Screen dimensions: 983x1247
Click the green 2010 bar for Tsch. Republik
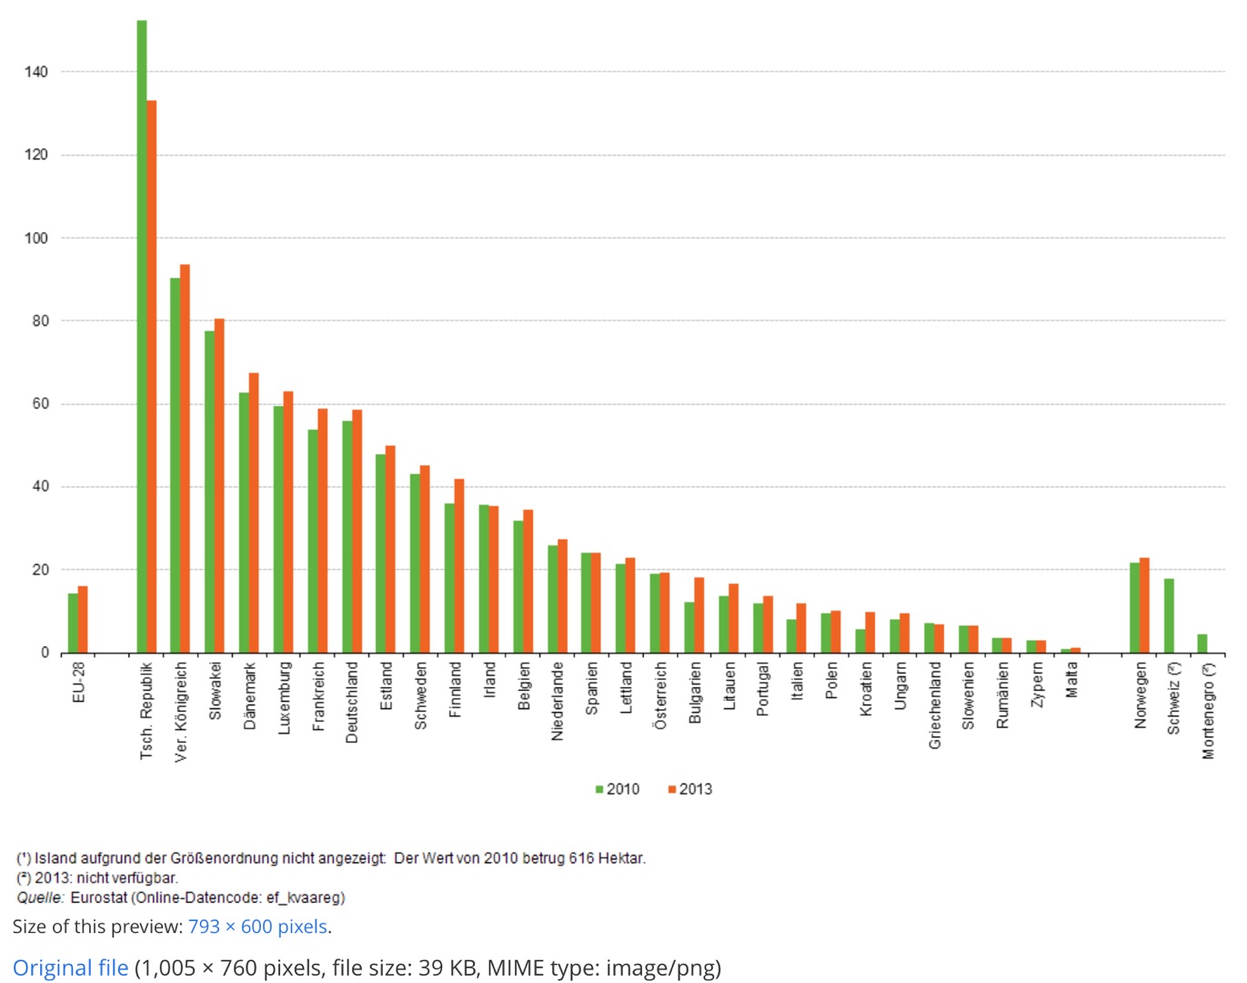coord(142,337)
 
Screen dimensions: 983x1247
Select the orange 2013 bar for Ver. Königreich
coord(185,459)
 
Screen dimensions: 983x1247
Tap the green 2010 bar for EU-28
coord(73,623)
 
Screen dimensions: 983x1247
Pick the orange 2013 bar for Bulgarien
coord(699,615)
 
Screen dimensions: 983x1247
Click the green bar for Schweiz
coord(1169,616)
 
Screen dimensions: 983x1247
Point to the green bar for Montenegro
coord(1202,644)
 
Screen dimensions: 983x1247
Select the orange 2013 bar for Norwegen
coord(1144,605)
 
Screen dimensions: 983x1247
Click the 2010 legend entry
coord(618,789)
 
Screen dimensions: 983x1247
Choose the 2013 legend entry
coord(690,789)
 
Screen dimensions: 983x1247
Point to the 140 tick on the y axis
coord(36,72)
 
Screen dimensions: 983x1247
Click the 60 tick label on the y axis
coord(40,404)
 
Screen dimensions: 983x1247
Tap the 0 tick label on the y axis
coord(45,653)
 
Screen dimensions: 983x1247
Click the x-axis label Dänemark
coord(250,696)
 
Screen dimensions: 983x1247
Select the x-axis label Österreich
coord(660,696)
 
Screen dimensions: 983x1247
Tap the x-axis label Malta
coord(1071,680)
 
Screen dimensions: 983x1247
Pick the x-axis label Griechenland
coord(935,705)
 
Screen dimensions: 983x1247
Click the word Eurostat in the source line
coord(99,898)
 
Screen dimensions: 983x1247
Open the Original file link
coord(70,968)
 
